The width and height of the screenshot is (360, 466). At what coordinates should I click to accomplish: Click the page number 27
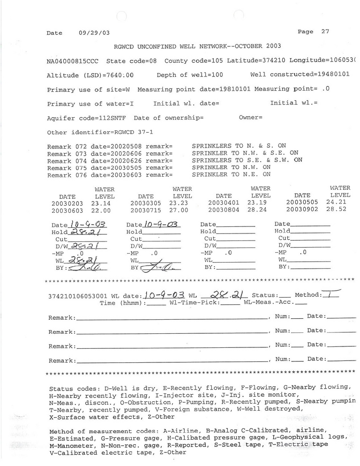[325, 32]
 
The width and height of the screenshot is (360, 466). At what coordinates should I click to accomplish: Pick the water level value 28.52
[340, 210]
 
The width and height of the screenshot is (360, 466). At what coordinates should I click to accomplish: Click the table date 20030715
[145, 211]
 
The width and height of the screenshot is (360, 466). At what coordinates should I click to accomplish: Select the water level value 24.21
[340, 203]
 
